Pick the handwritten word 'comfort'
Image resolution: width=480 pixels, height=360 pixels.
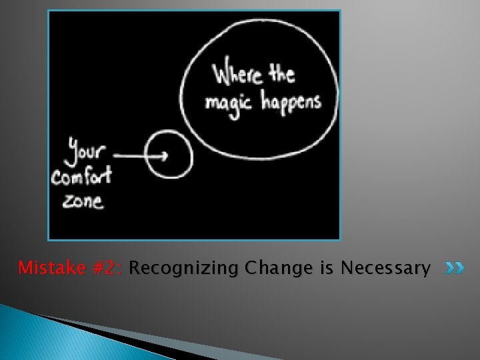click(x=81, y=177)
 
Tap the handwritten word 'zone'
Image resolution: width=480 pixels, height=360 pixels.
click(x=83, y=200)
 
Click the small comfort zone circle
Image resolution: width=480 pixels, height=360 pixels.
click(x=169, y=155)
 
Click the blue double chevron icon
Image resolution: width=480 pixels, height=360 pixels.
click(x=455, y=269)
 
